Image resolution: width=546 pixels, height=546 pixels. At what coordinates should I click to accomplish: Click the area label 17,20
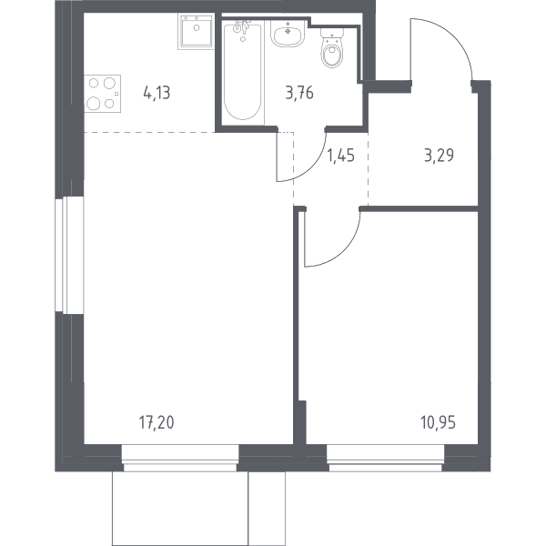pyautogui.click(x=157, y=422)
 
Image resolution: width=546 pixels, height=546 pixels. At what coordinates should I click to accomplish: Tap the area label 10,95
pyautogui.click(x=438, y=422)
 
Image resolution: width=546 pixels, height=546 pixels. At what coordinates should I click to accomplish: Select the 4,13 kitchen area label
pyautogui.click(x=157, y=93)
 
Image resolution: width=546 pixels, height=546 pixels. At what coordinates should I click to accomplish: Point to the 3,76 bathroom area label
pyautogui.click(x=299, y=93)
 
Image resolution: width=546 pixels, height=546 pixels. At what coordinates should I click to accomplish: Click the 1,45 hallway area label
pyautogui.click(x=341, y=155)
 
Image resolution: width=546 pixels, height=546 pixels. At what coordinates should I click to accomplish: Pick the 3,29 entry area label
pyautogui.click(x=440, y=155)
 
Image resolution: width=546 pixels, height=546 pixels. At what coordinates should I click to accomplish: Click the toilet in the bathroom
pyautogui.click(x=332, y=47)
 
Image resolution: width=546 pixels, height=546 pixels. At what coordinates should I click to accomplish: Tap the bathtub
pyautogui.click(x=243, y=71)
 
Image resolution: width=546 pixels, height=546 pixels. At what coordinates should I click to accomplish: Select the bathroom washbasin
pyautogui.click(x=288, y=34)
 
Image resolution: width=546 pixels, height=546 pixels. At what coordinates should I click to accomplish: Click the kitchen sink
pyautogui.click(x=196, y=31)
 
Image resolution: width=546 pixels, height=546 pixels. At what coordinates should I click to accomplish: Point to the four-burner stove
pyautogui.click(x=102, y=94)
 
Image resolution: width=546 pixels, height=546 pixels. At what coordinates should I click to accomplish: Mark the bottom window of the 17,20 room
pyautogui.click(x=180, y=459)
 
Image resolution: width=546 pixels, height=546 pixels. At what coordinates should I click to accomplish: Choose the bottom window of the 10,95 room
pyautogui.click(x=386, y=459)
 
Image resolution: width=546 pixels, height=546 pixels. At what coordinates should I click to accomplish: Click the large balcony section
pyautogui.click(x=180, y=509)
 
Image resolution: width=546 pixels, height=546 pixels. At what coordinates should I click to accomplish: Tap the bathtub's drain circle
pyautogui.click(x=243, y=39)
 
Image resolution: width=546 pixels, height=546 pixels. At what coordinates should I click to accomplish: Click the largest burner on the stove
pyautogui.click(x=94, y=104)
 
